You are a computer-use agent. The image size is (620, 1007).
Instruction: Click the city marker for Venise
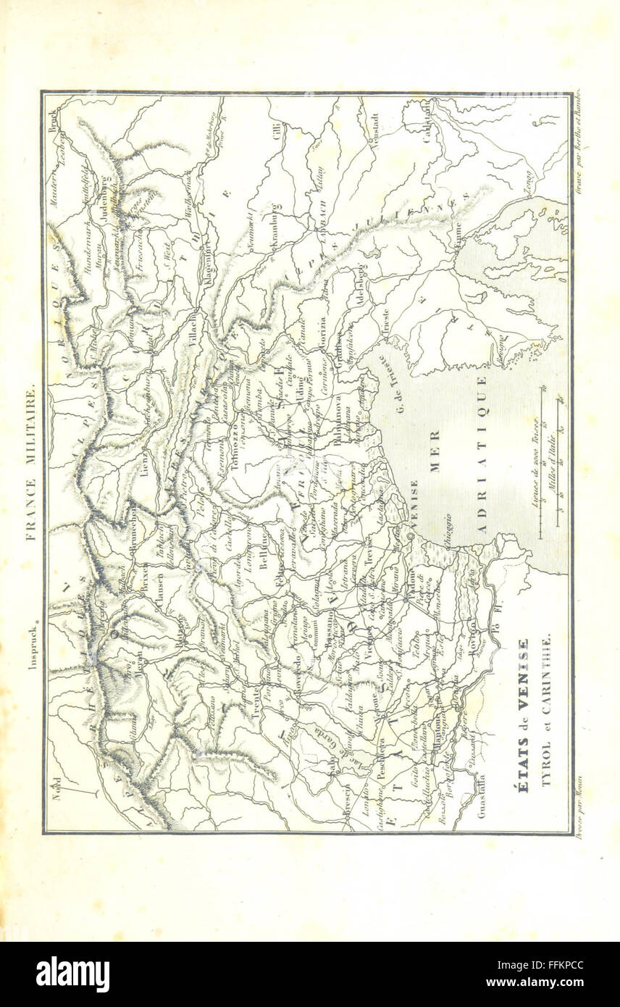(x=410, y=535)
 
